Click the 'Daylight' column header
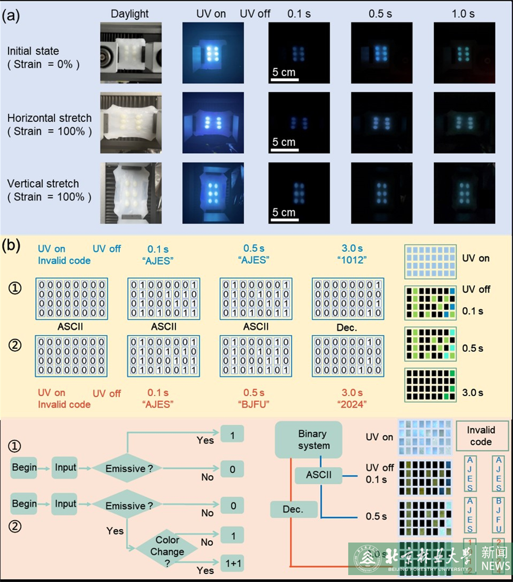pyautogui.click(x=130, y=14)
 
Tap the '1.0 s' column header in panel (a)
pyautogui.click(x=463, y=14)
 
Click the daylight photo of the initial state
pyautogui.click(x=131, y=53)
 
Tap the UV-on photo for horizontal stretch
pyautogui.click(x=213, y=123)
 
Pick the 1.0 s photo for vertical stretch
pyautogui.click(x=464, y=193)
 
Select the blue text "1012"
pyautogui.click(x=351, y=260)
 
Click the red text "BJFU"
pyautogui.click(x=254, y=404)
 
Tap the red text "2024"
pyautogui.click(x=351, y=404)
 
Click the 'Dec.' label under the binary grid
pyautogui.click(x=347, y=328)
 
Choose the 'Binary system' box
pyautogui.click(x=308, y=440)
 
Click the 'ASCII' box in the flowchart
pyautogui.click(x=318, y=475)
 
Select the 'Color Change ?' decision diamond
pyautogui.click(x=167, y=551)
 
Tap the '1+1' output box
pyautogui.click(x=233, y=563)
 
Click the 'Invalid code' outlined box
pyautogui.click(x=481, y=436)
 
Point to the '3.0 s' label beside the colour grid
pyautogui.click(x=472, y=392)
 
